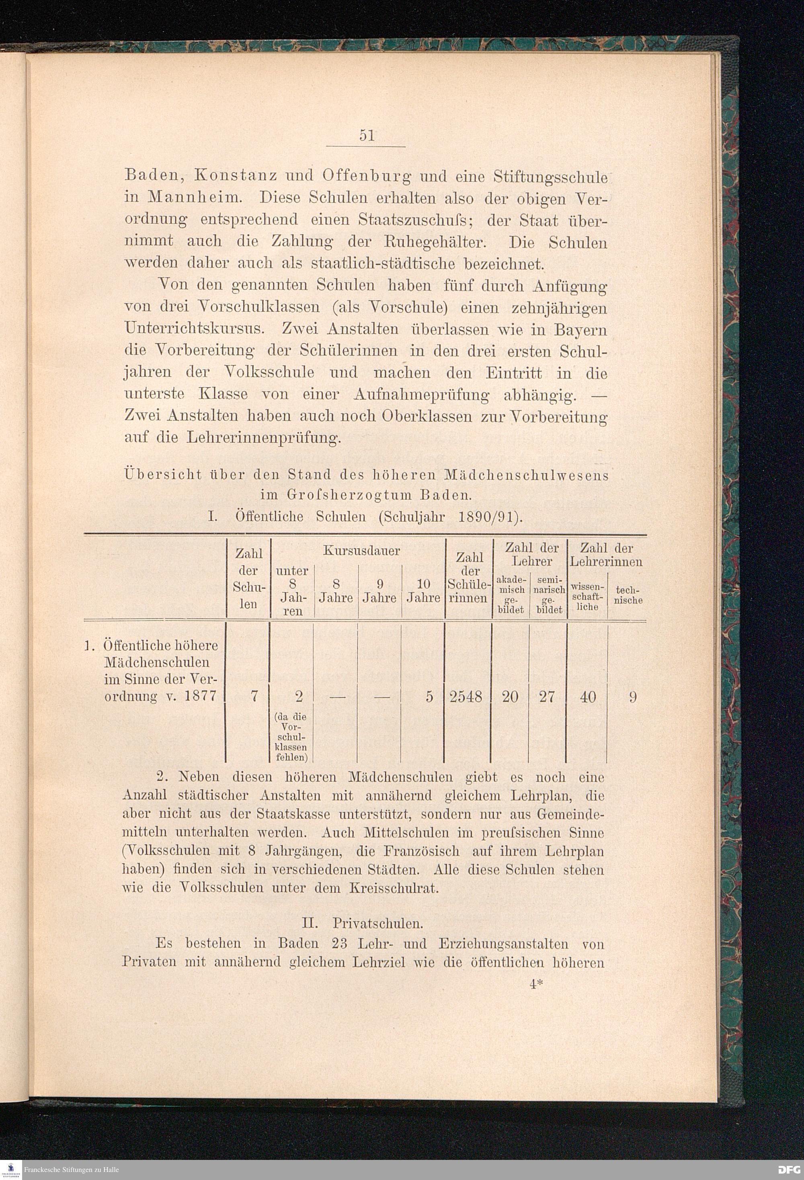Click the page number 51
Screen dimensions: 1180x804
tap(367, 135)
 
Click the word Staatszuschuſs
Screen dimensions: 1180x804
tap(415, 221)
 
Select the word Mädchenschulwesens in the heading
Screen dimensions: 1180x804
tap(526, 476)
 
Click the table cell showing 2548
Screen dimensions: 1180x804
tap(466, 697)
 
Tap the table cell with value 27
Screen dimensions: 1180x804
tap(547, 697)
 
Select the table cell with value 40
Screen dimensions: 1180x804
tap(588, 697)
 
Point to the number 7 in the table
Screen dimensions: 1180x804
tap(254, 697)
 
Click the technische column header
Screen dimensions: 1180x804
tap(628, 595)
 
